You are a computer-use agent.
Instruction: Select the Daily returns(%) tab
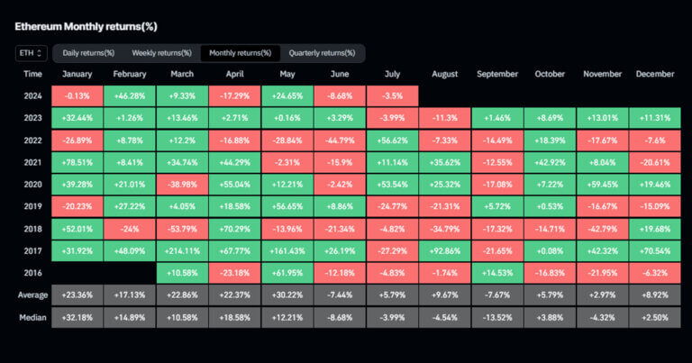point(88,53)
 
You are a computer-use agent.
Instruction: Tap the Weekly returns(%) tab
point(161,53)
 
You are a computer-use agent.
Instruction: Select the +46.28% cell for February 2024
point(131,95)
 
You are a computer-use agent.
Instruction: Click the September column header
point(496,74)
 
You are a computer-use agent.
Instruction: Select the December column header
point(654,74)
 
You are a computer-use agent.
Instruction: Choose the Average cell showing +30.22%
point(287,295)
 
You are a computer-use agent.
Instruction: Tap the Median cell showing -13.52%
point(496,318)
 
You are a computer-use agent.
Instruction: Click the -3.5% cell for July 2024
point(392,95)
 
